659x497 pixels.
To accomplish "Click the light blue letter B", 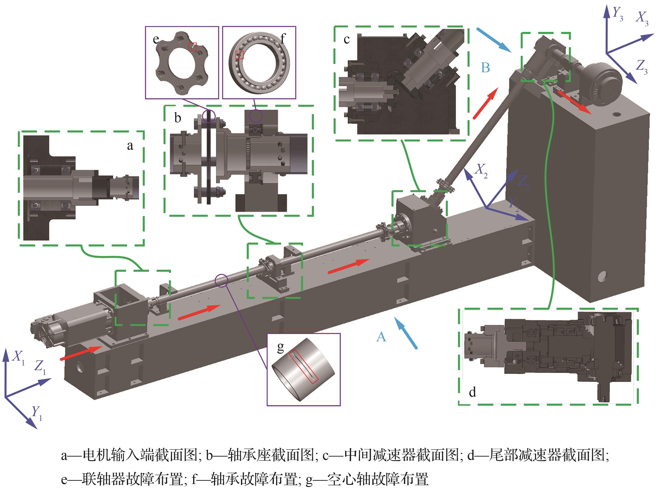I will coord(485,68).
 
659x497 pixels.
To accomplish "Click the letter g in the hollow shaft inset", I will coord(280,347).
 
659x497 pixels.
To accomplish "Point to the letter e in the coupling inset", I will coord(156,39).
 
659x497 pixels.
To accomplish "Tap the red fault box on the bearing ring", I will coord(239,55).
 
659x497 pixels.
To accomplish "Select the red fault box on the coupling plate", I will coord(193,46).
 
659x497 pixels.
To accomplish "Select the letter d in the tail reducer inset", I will coord(472,392).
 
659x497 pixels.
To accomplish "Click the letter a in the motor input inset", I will coord(130,146).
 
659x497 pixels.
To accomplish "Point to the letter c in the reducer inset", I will coord(347,39).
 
